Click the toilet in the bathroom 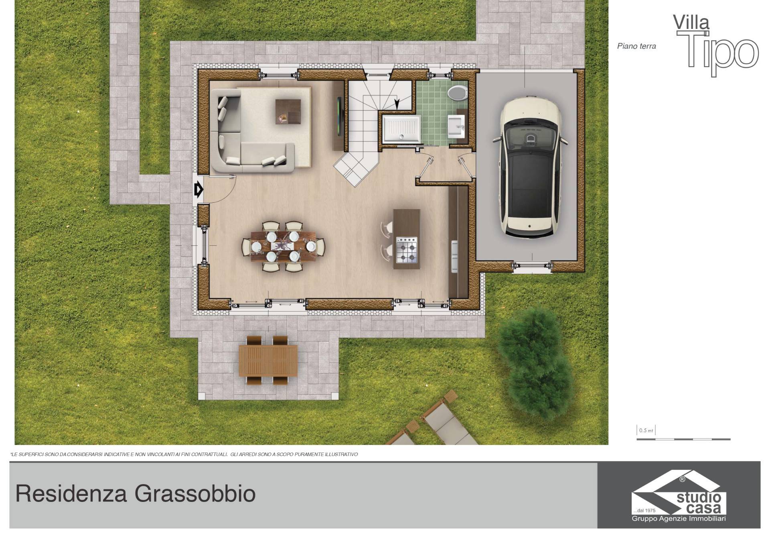click(457, 93)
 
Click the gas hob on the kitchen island click(407, 250)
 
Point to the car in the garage click(530, 167)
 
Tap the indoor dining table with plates click(283, 246)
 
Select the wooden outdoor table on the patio click(268, 361)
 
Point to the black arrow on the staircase click(397, 104)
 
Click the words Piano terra click(636, 46)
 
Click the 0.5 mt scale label click(646, 430)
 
